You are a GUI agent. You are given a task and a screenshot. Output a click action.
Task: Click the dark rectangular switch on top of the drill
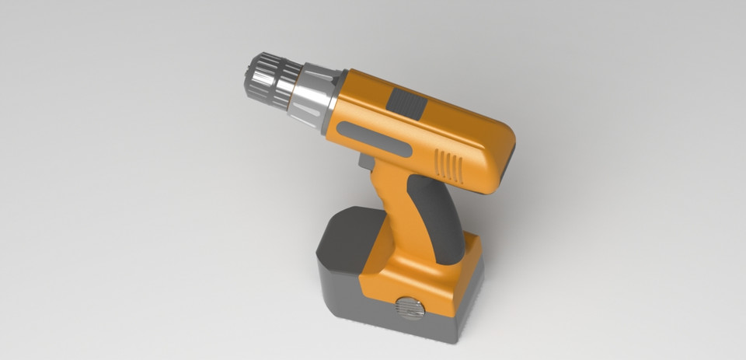(407, 104)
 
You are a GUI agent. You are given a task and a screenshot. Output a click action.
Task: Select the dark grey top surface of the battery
(350, 233)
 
